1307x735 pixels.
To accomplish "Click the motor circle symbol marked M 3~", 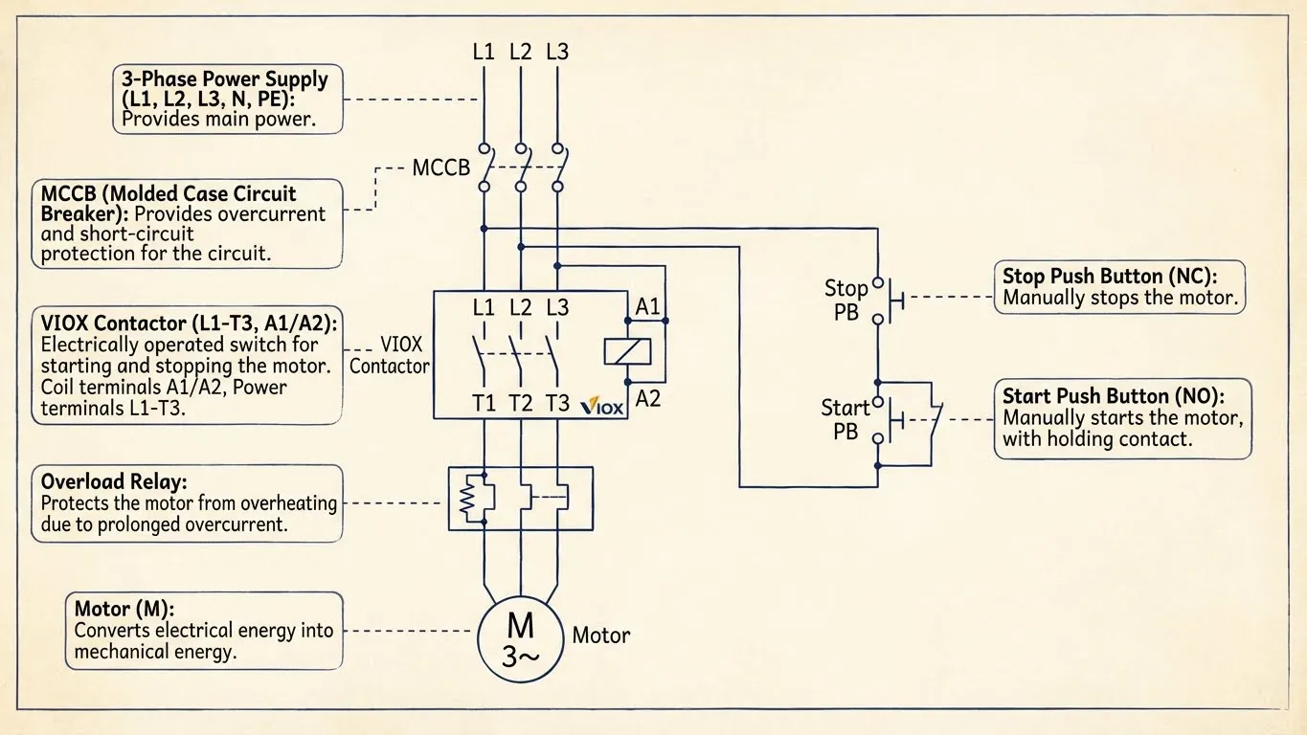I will coord(520,638).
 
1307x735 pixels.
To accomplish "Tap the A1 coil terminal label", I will coord(648,307).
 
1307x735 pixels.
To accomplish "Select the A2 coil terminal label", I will coord(648,398).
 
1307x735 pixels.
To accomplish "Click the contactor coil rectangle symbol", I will coord(627,351).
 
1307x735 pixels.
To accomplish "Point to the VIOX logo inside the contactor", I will coord(603,406).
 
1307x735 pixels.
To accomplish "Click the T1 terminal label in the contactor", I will coord(484,404).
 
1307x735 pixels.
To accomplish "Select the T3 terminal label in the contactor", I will coord(556,404).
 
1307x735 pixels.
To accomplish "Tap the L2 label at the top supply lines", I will coord(520,52).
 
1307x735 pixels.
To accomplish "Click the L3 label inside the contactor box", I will coord(556,308).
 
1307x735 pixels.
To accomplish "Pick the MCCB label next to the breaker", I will coord(440,168).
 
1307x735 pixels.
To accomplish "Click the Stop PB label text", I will coord(845,300).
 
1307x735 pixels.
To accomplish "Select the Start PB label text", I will coord(845,419).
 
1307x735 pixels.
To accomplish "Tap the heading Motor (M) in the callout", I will coord(125,608).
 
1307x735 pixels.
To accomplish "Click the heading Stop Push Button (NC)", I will coord(1109,276).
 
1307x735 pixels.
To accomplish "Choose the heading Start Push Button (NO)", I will coord(1113,395).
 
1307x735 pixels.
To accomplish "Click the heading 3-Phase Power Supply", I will coord(224,79).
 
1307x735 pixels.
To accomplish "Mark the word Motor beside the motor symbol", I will coord(600,635).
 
